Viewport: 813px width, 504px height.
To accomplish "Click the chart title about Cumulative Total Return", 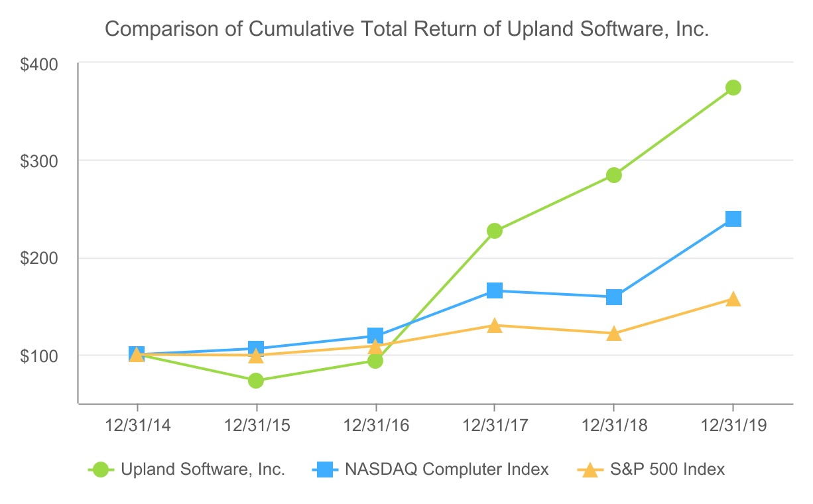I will (407, 29).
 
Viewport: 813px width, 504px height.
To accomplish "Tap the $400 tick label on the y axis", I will (40, 64).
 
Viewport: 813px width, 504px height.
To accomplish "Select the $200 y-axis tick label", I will (40, 258).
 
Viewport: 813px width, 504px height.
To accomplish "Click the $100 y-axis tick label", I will (40, 355).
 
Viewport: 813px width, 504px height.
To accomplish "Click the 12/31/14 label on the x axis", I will (137, 426).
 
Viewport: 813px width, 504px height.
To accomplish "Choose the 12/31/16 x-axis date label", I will (375, 426).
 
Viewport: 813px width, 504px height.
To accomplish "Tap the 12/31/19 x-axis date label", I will (733, 426).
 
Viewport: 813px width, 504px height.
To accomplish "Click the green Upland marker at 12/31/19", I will (733, 88).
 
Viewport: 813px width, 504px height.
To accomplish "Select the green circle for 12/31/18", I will (613, 175).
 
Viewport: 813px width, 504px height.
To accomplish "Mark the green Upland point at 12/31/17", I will (494, 231).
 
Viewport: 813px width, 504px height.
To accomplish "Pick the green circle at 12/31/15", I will (256, 381).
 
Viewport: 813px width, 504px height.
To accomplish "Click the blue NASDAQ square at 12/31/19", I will (733, 219).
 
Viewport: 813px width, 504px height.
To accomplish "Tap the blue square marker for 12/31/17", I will (494, 290).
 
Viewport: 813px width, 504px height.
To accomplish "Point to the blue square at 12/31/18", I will (613, 297).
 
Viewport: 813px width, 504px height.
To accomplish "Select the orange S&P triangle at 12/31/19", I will (733, 300).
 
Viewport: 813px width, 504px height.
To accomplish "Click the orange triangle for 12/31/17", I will (494, 326).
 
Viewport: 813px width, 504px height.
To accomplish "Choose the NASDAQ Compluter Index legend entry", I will (430, 470).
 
